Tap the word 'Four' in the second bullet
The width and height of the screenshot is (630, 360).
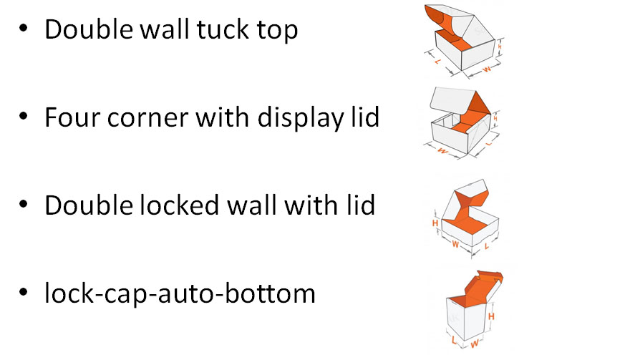[x=71, y=117]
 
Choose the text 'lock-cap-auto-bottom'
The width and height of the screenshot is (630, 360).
[x=180, y=293]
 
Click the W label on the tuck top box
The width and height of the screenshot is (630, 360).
[x=486, y=69]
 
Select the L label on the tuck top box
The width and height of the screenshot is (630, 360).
[x=437, y=62]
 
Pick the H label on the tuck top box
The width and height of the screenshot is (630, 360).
[x=500, y=47]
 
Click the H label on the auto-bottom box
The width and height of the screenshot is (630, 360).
[x=491, y=316]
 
